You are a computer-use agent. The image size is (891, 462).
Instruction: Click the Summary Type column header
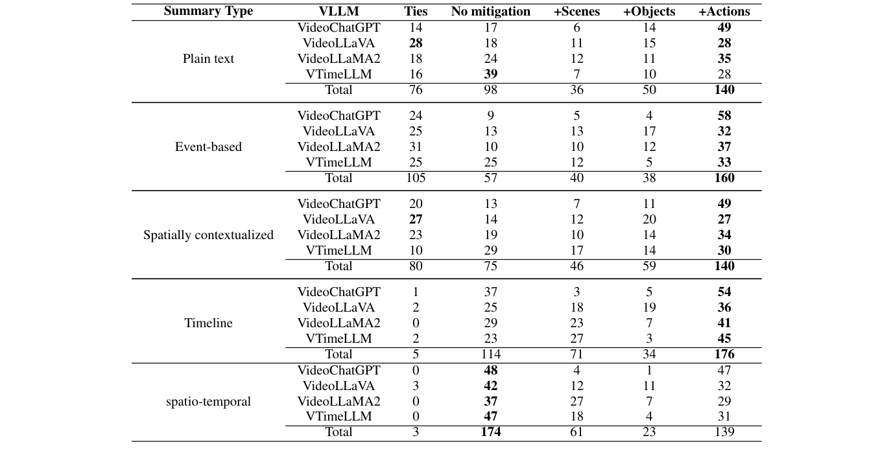click(208, 12)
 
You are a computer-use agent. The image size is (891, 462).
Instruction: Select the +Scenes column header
click(576, 12)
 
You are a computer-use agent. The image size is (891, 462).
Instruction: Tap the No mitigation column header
click(490, 12)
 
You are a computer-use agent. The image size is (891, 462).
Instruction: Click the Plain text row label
click(208, 59)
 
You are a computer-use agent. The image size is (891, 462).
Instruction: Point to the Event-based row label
click(208, 147)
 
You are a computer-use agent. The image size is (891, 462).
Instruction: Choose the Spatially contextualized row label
click(208, 235)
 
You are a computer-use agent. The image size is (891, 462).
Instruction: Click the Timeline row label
click(208, 323)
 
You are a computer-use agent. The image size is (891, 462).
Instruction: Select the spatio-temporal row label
click(208, 402)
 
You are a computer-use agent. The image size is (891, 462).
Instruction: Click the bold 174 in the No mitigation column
click(490, 432)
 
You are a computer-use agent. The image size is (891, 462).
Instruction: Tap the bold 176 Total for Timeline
click(724, 354)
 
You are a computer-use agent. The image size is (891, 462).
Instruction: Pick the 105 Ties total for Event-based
click(416, 178)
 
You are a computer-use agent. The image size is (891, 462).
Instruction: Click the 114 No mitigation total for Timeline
click(490, 354)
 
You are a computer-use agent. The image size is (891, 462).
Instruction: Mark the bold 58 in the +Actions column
click(724, 116)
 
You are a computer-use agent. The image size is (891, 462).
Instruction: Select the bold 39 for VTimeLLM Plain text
click(490, 75)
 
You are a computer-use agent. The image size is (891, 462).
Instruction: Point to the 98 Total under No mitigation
click(490, 90)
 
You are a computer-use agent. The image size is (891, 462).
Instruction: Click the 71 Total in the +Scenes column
click(576, 354)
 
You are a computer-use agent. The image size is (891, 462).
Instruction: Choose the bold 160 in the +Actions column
click(724, 178)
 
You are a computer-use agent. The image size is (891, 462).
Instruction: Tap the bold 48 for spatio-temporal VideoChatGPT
click(490, 371)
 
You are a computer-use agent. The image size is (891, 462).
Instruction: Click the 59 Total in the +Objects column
click(649, 266)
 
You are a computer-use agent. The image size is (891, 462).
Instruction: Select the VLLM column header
click(339, 12)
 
